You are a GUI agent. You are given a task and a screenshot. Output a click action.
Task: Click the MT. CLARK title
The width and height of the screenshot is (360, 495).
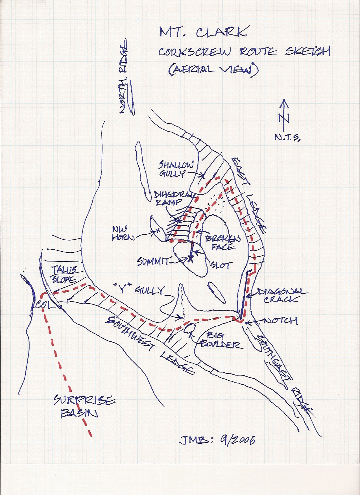coord(203,32)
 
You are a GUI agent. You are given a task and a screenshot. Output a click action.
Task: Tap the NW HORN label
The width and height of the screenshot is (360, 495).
coord(124,233)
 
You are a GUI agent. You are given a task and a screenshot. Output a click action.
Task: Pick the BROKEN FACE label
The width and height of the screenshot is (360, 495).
coord(223,243)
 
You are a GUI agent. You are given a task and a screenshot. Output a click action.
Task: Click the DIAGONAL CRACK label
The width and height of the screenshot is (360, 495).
coord(282,295)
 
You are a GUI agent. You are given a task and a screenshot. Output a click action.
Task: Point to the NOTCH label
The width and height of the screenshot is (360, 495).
coord(281,321)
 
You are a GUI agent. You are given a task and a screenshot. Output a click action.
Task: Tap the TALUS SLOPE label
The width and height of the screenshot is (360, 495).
coord(64,274)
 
